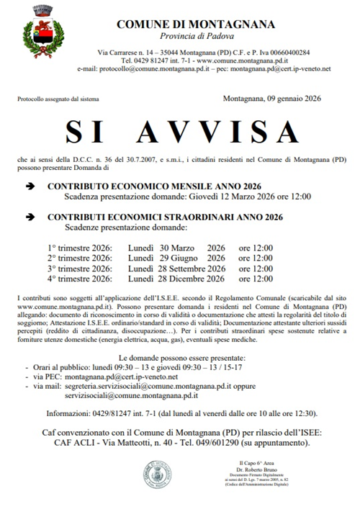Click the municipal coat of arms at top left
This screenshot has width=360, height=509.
pyautogui.click(x=46, y=34)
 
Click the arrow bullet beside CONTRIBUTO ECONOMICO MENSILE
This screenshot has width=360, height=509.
pyautogui.click(x=30, y=185)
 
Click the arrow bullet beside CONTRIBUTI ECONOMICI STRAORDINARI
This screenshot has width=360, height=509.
pyautogui.click(x=30, y=216)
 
